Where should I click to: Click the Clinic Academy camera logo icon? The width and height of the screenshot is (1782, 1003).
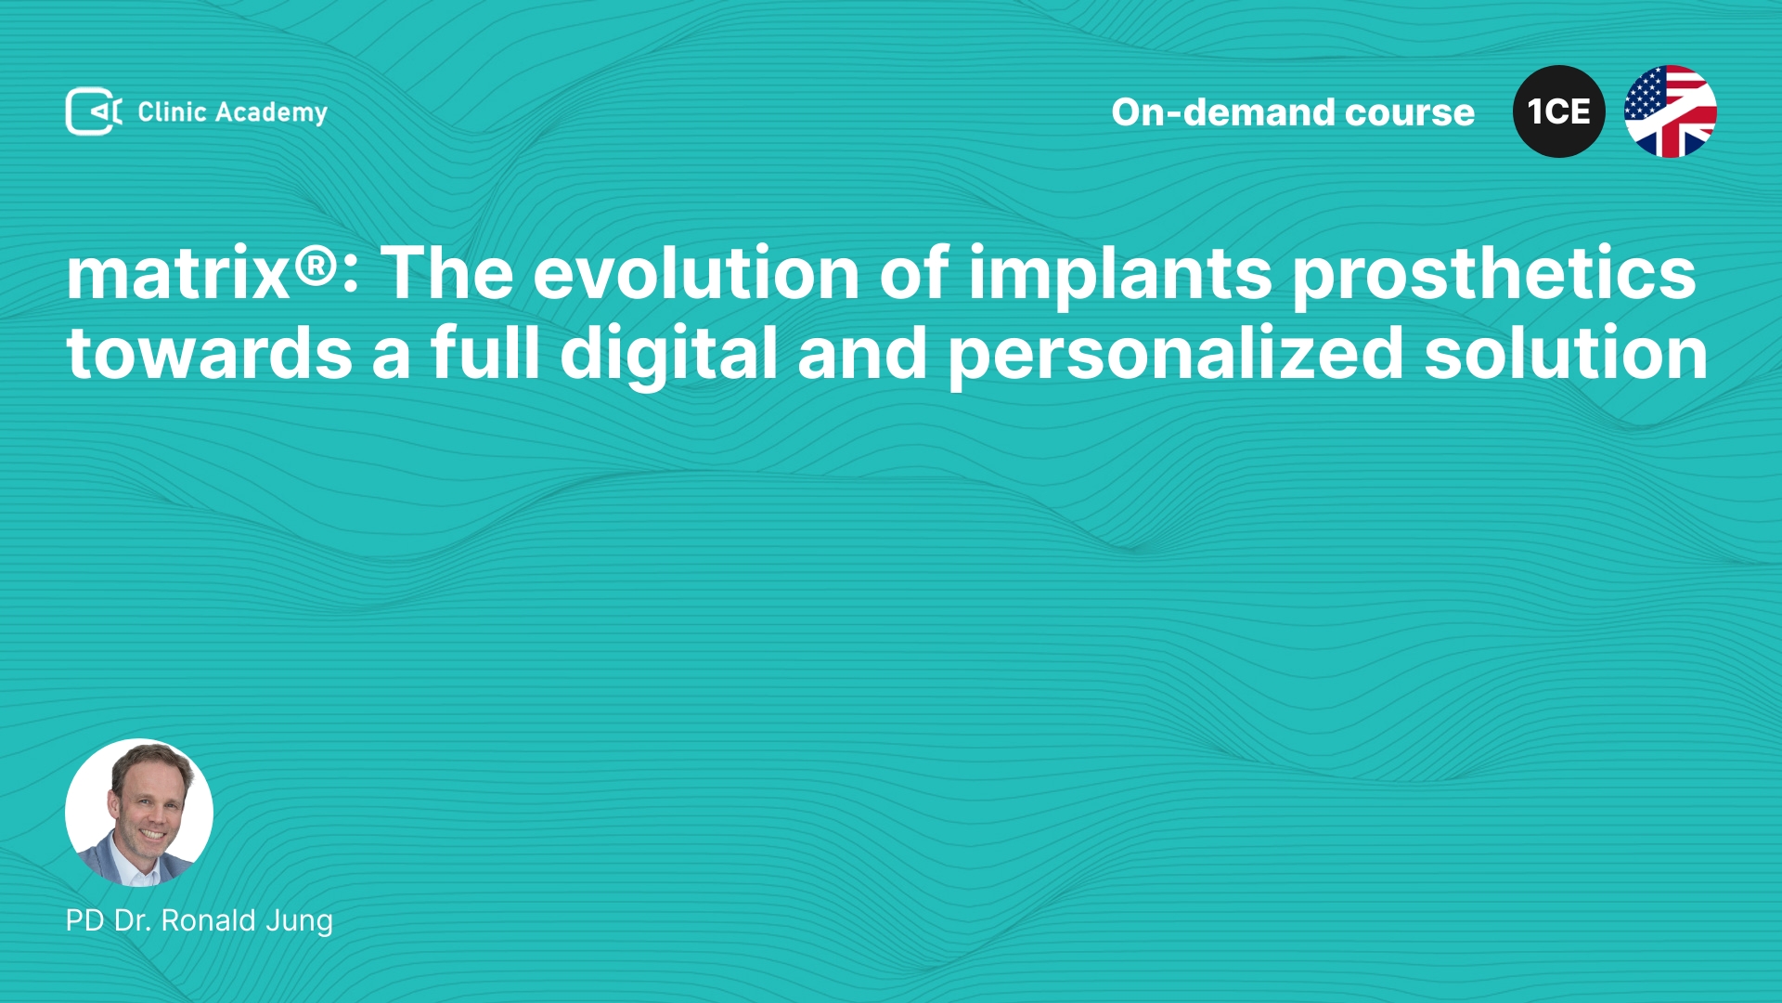click(94, 111)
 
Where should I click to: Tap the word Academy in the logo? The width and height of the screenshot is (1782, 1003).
click(271, 113)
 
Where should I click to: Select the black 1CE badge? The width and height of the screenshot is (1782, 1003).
click(1558, 111)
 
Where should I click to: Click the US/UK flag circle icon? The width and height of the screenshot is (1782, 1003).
click(1670, 111)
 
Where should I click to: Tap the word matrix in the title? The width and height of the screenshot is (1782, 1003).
click(178, 273)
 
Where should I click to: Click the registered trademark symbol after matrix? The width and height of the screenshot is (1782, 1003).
click(316, 266)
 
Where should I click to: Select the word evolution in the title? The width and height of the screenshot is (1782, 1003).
click(696, 273)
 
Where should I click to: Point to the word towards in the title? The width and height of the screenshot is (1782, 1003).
click(210, 354)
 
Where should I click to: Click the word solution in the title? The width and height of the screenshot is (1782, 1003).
click(1567, 353)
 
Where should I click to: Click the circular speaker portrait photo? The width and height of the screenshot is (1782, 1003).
click(139, 813)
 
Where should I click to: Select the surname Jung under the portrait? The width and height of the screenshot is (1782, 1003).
click(299, 921)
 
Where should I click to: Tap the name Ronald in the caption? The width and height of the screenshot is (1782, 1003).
click(208, 920)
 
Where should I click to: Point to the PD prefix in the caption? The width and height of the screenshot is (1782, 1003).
click(84, 920)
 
